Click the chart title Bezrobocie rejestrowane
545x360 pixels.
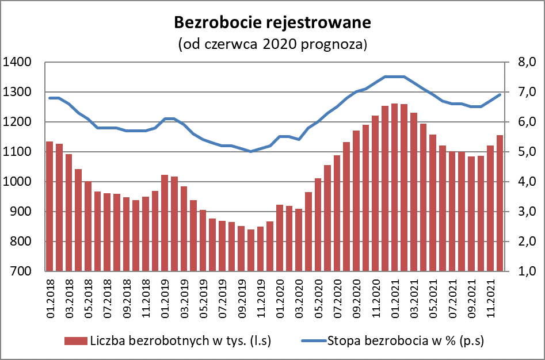273,23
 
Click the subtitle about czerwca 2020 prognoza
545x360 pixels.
273,44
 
